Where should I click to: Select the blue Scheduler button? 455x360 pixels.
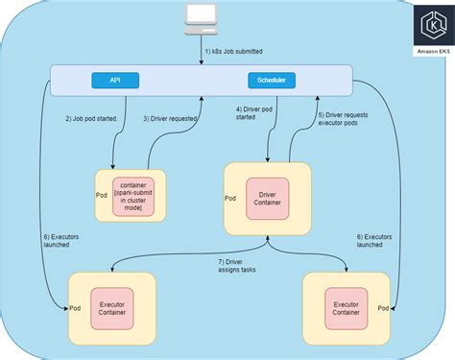(x=270, y=80)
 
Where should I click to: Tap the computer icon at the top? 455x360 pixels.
(x=201, y=16)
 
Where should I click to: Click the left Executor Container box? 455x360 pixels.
(x=112, y=305)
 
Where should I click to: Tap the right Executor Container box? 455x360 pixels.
(x=347, y=306)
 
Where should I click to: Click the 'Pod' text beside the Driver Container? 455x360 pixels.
(x=230, y=199)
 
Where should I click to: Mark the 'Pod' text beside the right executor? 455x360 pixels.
(x=383, y=307)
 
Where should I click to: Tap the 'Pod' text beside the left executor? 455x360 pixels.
(x=75, y=307)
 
